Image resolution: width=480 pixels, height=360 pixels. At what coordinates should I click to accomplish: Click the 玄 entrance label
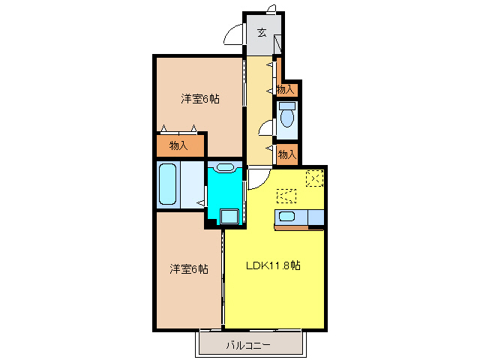tap(262, 32)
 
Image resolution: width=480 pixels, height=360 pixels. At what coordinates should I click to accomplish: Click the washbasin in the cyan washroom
tap(224, 168)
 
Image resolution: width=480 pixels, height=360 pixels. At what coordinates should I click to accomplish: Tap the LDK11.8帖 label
tap(274, 265)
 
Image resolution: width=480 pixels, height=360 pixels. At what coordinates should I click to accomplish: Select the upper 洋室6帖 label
tap(199, 99)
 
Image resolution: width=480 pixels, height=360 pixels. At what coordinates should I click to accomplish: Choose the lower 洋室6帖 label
tap(188, 268)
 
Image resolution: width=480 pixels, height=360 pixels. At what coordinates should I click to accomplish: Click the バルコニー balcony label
tap(251, 346)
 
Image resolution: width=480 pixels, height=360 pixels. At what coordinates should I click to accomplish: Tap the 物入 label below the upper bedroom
tap(178, 145)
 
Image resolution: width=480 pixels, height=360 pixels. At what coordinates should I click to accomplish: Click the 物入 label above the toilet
tap(285, 90)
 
